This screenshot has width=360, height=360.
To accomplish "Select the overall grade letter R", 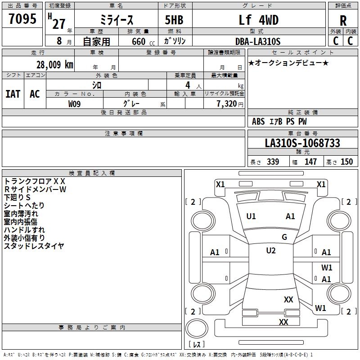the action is pos(343,21).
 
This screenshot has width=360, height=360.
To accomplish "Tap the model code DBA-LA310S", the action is pos(257,41).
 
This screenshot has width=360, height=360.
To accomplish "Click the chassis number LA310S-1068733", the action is pos(302,143).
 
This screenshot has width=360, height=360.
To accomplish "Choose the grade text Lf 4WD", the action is pos(258,20).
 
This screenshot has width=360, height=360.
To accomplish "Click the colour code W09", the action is pos(75,103).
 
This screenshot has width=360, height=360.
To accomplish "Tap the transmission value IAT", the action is pos(13,94).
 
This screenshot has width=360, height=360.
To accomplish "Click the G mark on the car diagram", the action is pos(284,237).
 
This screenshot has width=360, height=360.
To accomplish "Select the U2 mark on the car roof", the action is pos(270,251).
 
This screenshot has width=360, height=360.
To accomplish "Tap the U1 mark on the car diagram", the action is pos(251,216).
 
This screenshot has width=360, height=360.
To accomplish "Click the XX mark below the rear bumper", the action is pos(283,322).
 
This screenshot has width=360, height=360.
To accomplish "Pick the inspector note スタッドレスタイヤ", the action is pos(34,246).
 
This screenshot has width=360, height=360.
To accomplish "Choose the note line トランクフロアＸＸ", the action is pos(35,181).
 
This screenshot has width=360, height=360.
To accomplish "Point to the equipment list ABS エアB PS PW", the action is pos(279,121).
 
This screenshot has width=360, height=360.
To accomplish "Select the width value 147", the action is pos(310,162).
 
